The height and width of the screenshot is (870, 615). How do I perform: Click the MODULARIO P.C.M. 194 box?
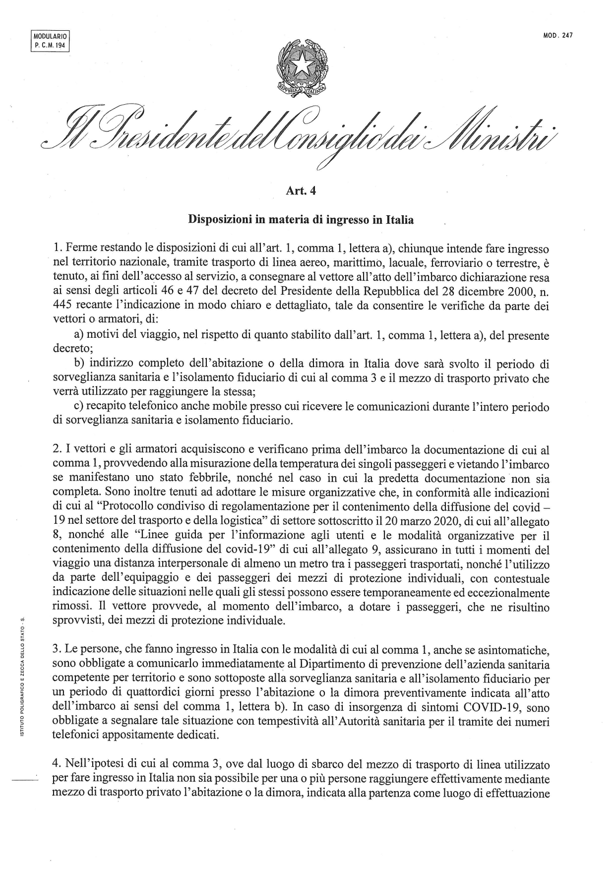pyautogui.click(x=50, y=41)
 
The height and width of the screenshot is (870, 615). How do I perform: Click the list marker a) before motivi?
pyautogui.click(x=80, y=335)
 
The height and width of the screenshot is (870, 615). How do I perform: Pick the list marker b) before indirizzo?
pyautogui.click(x=80, y=364)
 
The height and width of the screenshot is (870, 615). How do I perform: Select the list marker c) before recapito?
pyautogui.click(x=79, y=407)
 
